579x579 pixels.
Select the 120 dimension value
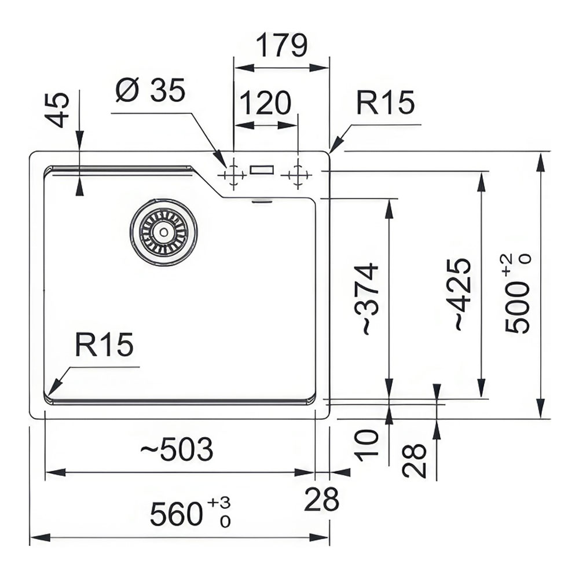265,104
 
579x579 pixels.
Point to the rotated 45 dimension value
58,109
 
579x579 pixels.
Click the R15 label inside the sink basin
104,345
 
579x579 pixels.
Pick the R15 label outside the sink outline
386,103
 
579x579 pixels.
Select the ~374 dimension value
369,299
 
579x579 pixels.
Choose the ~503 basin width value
177,449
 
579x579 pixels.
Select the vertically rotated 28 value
415,460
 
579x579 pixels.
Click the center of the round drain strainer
164,232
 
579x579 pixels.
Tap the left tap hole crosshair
233,174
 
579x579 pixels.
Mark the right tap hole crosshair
298,174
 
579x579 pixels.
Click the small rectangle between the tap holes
263,169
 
